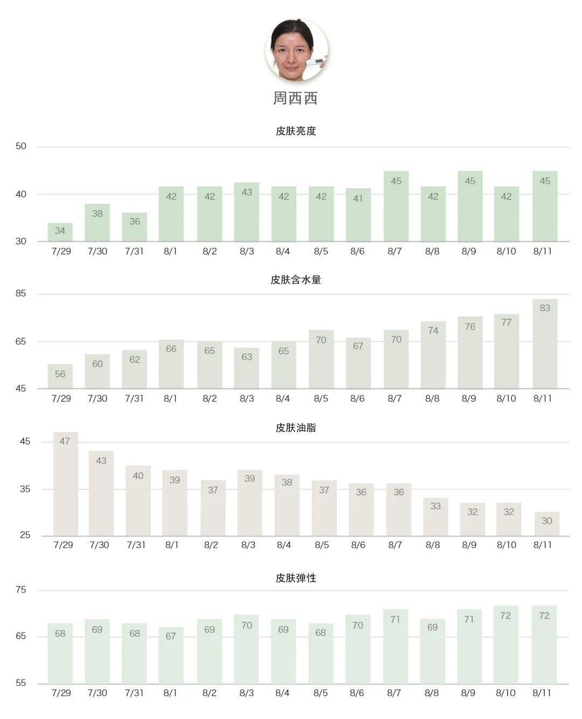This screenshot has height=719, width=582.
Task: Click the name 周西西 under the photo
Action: coord(295,98)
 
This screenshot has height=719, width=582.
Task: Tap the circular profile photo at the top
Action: coord(296,50)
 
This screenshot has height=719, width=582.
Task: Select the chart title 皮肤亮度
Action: coord(295,131)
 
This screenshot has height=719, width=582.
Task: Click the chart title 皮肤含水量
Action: coord(295,280)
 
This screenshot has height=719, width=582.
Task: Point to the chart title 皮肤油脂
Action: coord(295,428)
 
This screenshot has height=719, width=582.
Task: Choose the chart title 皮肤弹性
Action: coord(295,578)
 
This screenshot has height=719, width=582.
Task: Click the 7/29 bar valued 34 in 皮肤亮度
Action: coord(60,232)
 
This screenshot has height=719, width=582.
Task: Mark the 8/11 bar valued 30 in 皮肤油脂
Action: coord(546,524)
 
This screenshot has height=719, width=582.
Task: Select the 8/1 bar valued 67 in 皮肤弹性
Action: coord(171,655)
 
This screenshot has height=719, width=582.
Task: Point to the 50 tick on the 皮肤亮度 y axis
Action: coord(21,146)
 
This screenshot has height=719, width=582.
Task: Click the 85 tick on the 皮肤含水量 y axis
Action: coord(21,293)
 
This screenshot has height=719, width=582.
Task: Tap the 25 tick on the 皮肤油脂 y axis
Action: coord(25,535)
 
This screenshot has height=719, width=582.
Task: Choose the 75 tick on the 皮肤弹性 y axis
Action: coord(21,590)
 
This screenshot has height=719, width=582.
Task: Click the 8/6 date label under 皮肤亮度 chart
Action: coord(357,251)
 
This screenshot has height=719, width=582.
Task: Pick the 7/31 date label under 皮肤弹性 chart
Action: coord(134,693)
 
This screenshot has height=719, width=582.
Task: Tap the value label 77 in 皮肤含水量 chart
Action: coord(506,323)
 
